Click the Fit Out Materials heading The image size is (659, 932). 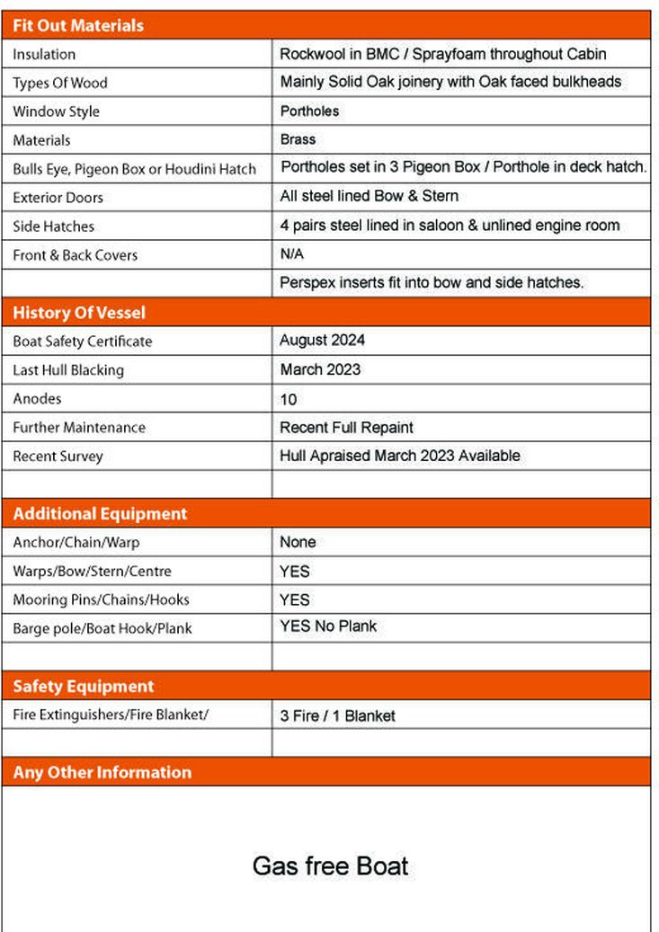coord(78,25)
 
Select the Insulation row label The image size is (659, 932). coord(44,55)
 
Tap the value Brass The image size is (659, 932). coord(298,139)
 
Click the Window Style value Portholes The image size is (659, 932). coord(309,111)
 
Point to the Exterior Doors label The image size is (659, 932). coord(58,198)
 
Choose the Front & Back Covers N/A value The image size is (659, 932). coord(292,254)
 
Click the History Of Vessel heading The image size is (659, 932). coord(79,313)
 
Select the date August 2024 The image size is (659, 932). coord(322,341)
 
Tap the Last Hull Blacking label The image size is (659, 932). coord(68,370)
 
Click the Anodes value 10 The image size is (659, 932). coord(289,399)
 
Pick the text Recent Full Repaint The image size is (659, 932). coord(346,428)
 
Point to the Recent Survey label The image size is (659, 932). coord(58,457)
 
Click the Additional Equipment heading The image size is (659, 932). coord(100,514)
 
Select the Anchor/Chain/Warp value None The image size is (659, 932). coord(298,542)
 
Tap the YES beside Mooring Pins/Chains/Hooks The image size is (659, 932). coord(295,599)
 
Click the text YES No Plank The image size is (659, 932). coord(328,626)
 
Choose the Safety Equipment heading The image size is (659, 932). coord(84,687)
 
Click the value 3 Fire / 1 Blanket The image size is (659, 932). coord(337,716)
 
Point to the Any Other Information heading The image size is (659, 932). coord(102,772)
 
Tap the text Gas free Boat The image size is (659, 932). coord(330,866)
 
